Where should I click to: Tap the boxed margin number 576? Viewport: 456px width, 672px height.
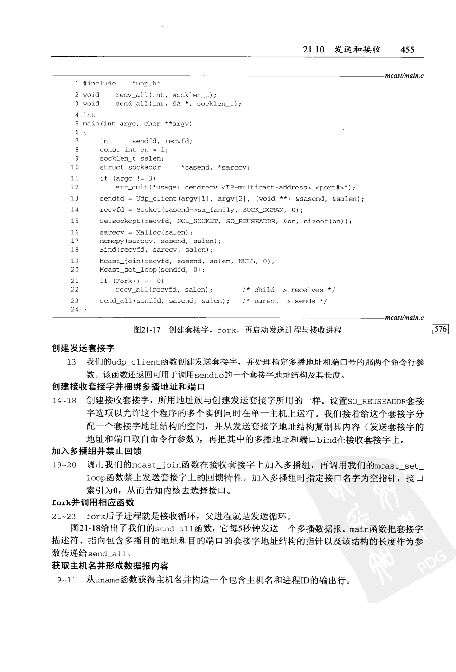(x=440, y=329)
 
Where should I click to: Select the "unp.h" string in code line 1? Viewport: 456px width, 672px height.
(x=146, y=84)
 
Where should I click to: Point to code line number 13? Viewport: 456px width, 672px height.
(x=75, y=199)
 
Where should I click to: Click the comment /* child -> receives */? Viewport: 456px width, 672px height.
(x=288, y=290)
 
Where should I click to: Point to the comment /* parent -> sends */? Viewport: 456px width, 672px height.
(x=284, y=301)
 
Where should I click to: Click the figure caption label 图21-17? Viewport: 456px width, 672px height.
(x=147, y=330)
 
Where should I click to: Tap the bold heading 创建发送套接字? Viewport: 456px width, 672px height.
(x=83, y=348)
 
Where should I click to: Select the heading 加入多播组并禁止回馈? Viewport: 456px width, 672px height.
(x=96, y=451)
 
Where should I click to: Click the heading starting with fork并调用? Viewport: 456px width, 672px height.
(x=93, y=502)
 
